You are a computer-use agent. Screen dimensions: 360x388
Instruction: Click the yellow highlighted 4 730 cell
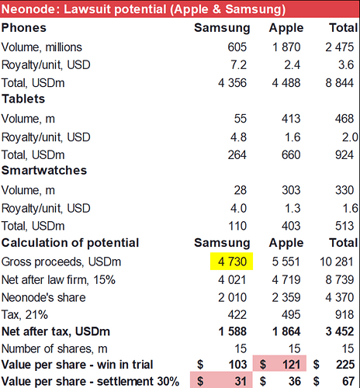pyautogui.click(x=231, y=262)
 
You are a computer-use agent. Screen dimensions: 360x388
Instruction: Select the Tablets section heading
pyautogui.click(x=23, y=99)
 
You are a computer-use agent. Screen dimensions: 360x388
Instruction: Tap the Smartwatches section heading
pyautogui.click(x=44, y=170)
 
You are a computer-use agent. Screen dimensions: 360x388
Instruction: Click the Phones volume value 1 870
pyautogui.click(x=286, y=47)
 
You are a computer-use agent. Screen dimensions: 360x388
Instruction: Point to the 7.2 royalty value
pyautogui.click(x=238, y=64)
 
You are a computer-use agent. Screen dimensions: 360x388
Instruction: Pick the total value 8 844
pyautogui.click(x=340, y=83)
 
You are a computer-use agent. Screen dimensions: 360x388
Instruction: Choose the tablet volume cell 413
pyautogui.click(x=291, y=119)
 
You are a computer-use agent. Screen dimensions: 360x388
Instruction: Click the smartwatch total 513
pyautogui.click(x=344, y=226)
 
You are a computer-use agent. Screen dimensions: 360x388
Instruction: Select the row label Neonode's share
pyautogui.click(x=43, y=297)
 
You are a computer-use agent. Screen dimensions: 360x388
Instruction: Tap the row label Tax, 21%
pyautogui.click(x=25, y=315)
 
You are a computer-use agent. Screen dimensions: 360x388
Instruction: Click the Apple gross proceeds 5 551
pyautogui.click(x=286, y=262)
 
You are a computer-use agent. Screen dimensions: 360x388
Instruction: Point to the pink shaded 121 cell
pyautogui.click(x=279, y=363)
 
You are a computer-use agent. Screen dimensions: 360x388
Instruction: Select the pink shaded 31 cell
pyautogui.click(x=221, y=379)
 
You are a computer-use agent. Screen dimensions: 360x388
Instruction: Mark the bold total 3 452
pyautogui.click(x=340, y=331)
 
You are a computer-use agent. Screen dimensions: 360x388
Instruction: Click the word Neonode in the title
pyautogui.click(x=28, y=9)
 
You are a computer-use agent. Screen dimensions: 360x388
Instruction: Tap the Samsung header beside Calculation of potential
pyautogui.click(x=222, y=243)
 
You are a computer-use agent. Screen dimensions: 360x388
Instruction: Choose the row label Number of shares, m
pyautogui.click(x=54, y=348)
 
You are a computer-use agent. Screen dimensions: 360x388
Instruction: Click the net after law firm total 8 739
pyautogui.click(x=340, y=279)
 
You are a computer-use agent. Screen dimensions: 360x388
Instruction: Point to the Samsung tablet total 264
pyautogui.click(x=237, y=154)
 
